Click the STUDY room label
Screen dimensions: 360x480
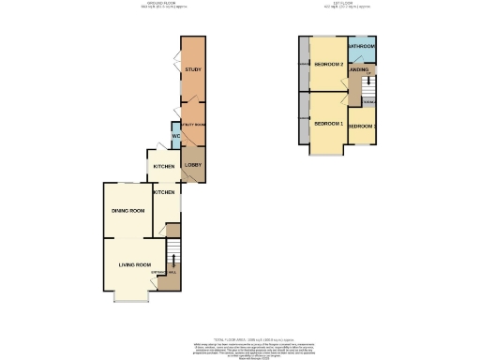pos(193,69)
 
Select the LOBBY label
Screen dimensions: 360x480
pos(193,166)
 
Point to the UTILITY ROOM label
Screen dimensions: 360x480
pos(193,124)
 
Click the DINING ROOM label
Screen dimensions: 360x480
pos(127,211)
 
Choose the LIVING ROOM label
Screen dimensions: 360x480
pos(135,265)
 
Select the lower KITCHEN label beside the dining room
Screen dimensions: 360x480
pos(164,192)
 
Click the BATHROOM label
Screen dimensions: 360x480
pos(362,46)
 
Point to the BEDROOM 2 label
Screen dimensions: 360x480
pos(327,65)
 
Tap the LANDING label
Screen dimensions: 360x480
pos(359,69)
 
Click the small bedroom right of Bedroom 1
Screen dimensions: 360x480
pos(362,126)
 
